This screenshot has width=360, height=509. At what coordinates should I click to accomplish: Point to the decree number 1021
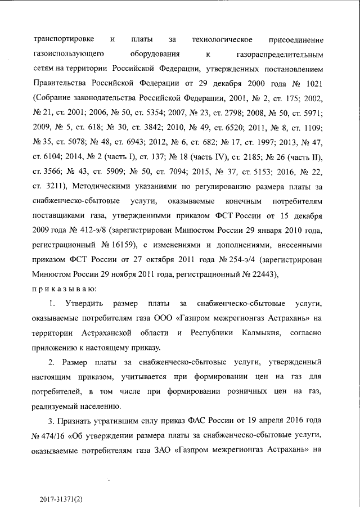(x=312, y=84)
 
